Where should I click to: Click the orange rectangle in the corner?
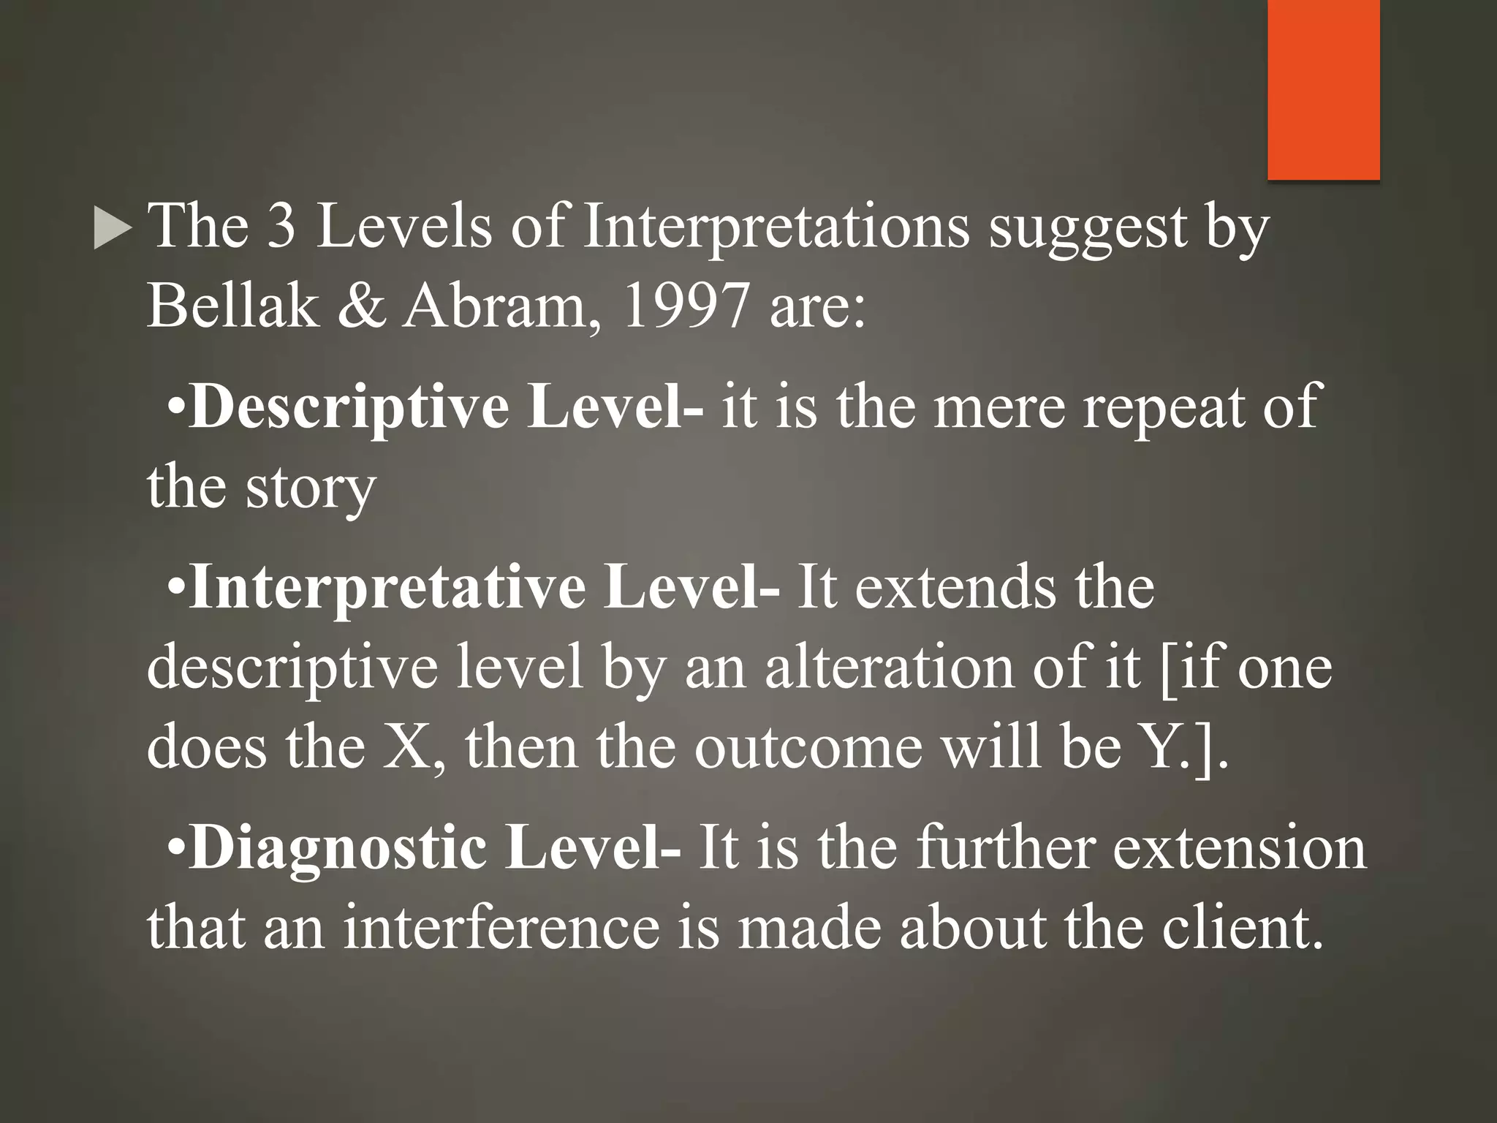click(1323, 89)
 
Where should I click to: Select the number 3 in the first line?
click(281, 227)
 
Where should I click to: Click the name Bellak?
click(233, 306)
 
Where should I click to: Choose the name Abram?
click(495, 306)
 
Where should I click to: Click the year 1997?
click(685, 306)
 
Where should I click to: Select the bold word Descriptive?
click(349, 408)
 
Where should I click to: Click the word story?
click(310, 488)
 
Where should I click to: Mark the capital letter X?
click(411, 747)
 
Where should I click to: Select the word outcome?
click(808, 747)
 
